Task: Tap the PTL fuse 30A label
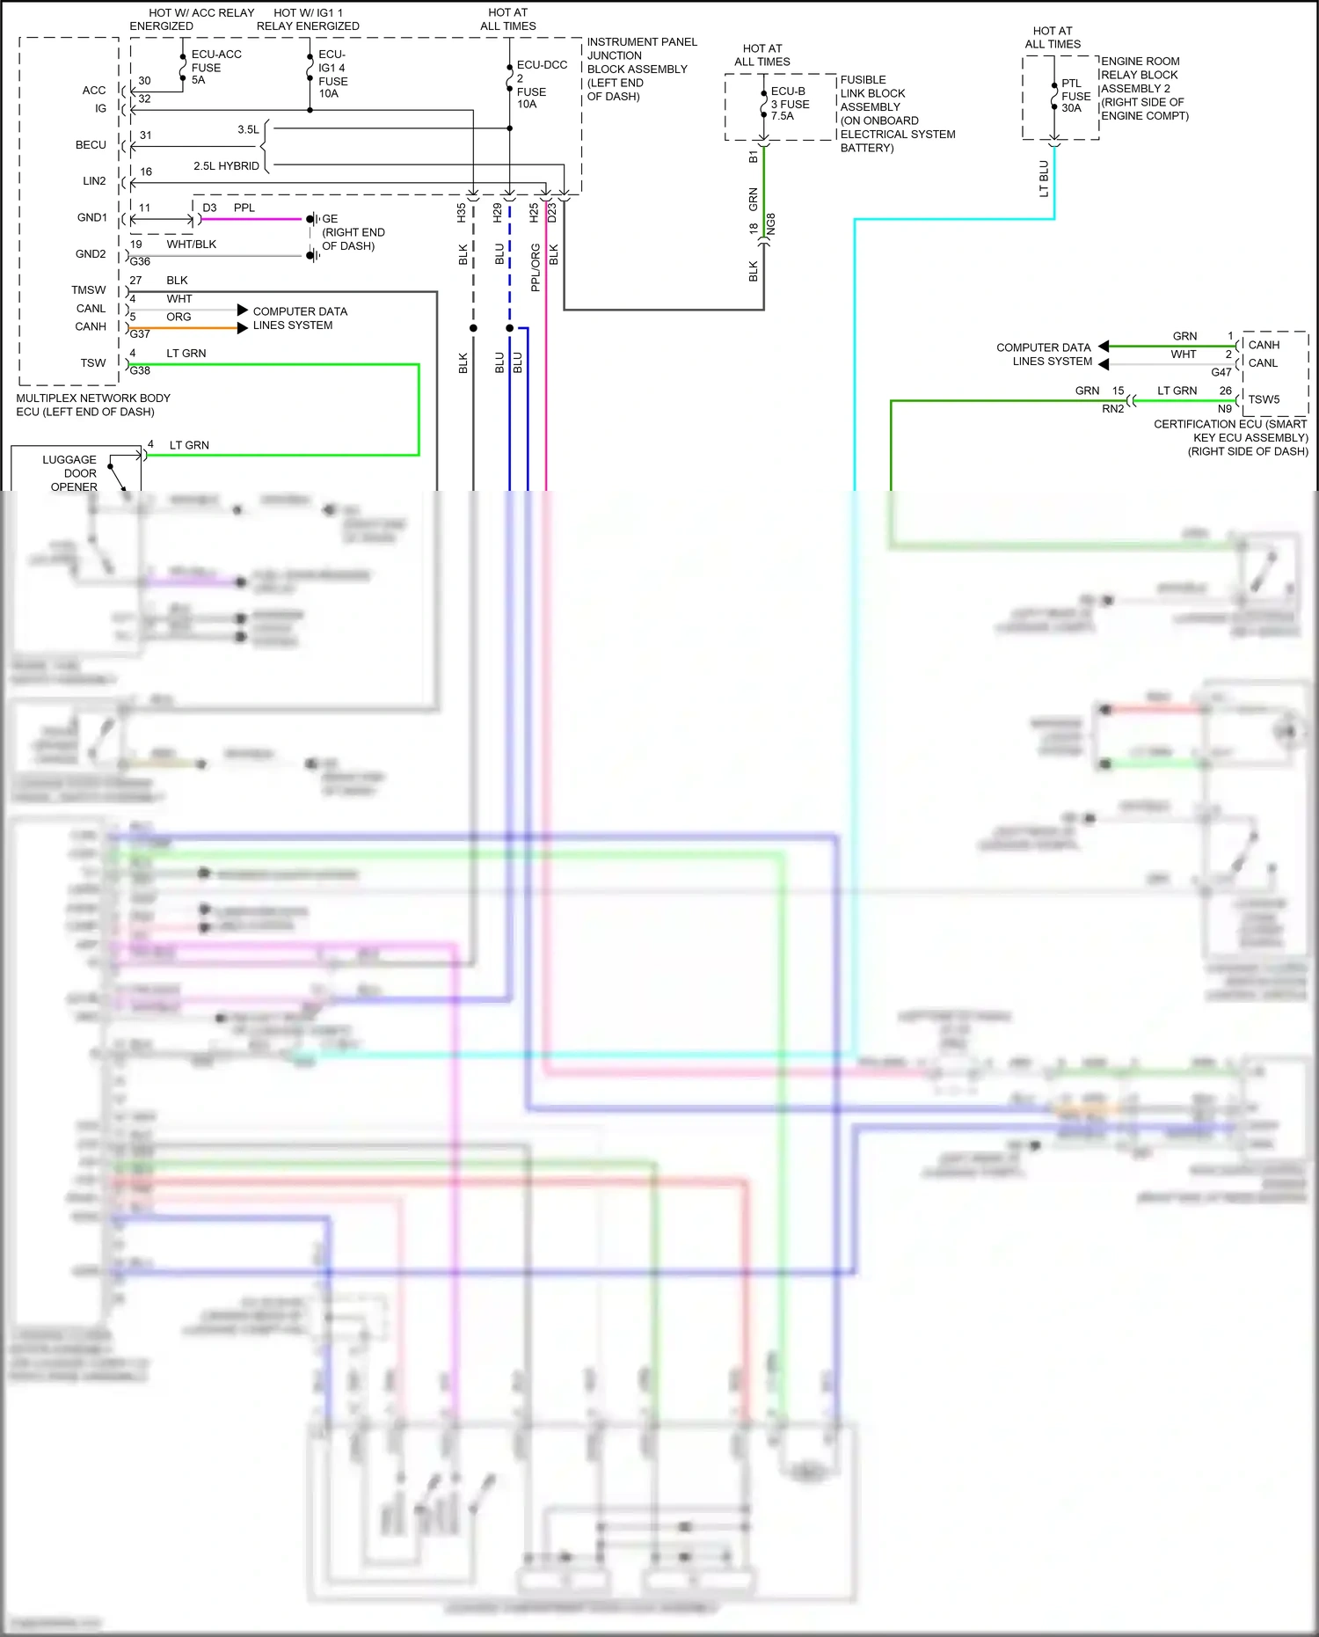pyautogui.click(x=1075, y=96)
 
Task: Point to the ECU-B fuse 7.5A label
pyautogui.click(x=788, y=104)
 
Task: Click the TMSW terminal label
pyautogui.click(x=89, y=290)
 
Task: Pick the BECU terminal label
pyautogui.click(x=91, y=145)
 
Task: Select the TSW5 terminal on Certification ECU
pyautogui.click(x=1264, y=399)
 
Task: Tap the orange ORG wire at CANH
pyautogui.click(x=185, y=328)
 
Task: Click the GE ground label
pyautogui.click(x=330, y=219)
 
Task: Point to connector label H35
pyautogui.click(x=462, y=212)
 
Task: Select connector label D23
pyautogui.click(x=552, y=212)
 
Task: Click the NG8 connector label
pyautogui.click(x=771, y=224)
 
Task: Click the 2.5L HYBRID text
pyautogui.click(x=226, y=166)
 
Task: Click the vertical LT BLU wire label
pyautogui.click(x=1044, y=179)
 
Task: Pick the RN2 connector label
pyautogui.click(x=1112, y=409)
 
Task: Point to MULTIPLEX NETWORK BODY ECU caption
pyautogui.click(x=92, y=405)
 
